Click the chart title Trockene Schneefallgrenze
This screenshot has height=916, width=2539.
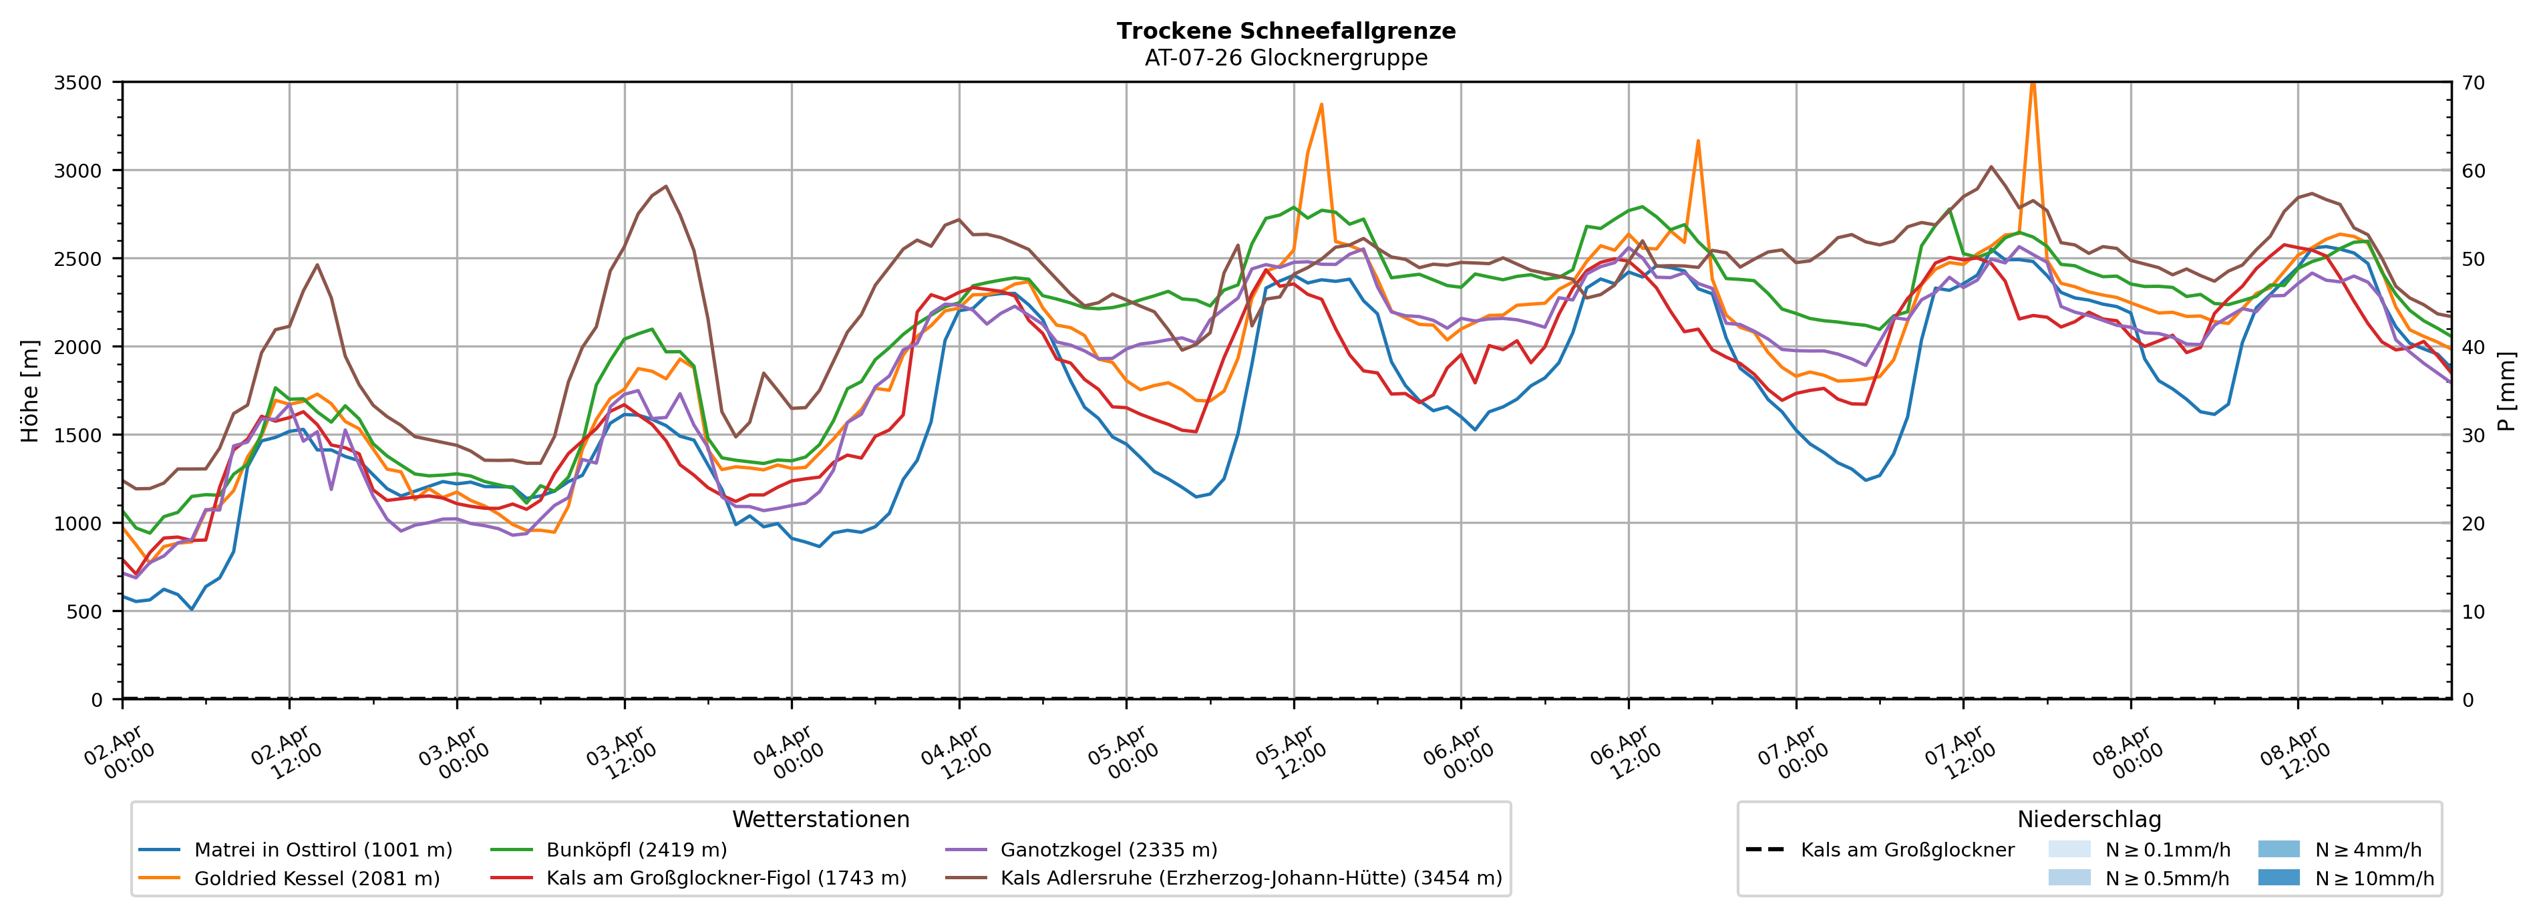pos(1285,31)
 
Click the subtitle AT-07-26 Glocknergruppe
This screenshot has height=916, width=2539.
pos(1285,58)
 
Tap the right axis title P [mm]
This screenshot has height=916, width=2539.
pos(2508,390)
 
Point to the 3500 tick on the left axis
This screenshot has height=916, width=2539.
pos(78,83)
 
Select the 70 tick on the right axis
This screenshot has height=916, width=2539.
pos(2474,83)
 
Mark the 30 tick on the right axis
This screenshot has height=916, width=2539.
pos(2474,435)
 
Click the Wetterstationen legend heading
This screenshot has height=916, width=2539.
pos(820,819)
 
